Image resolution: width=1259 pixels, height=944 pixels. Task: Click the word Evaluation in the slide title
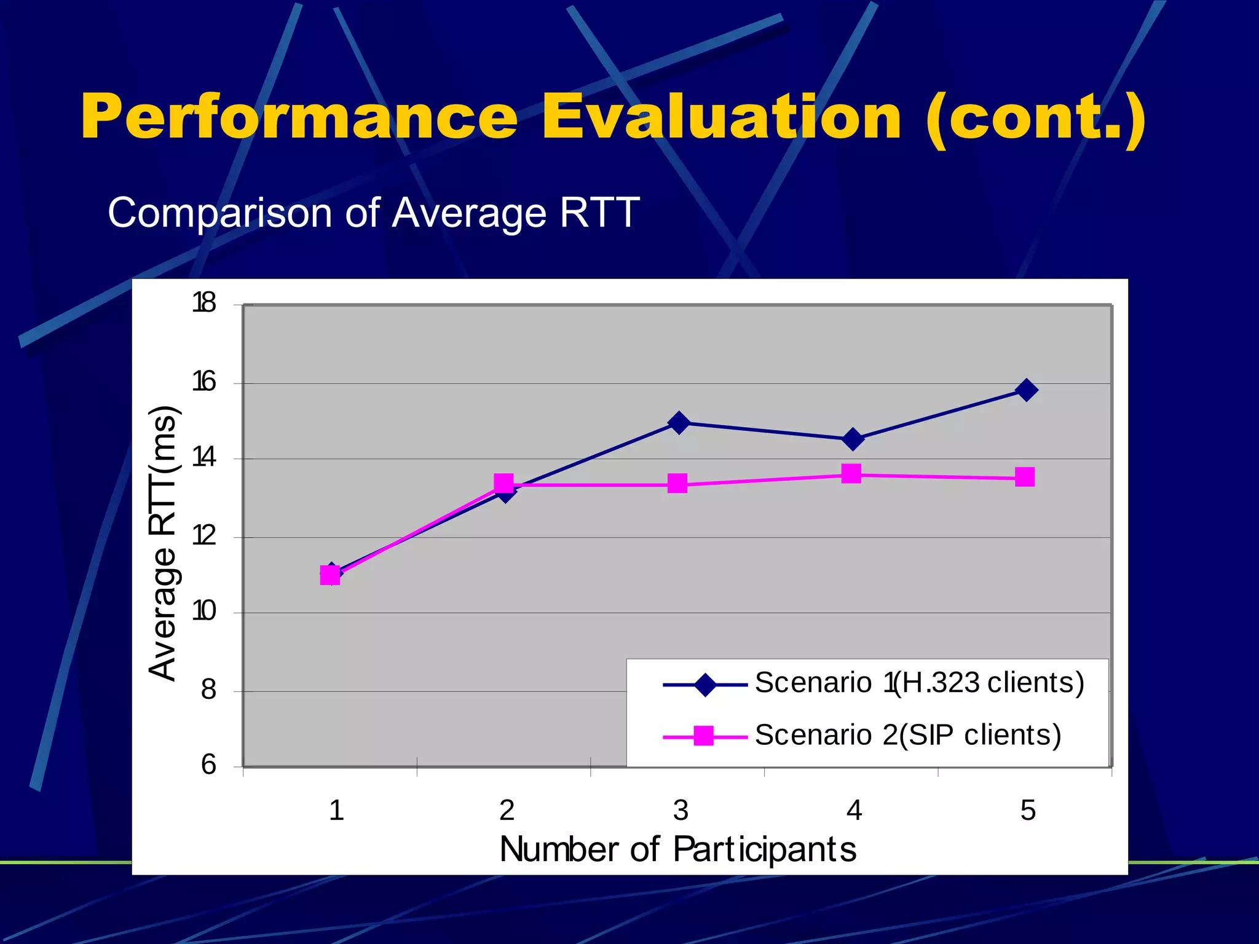pyautogui.click(x=720, y=117)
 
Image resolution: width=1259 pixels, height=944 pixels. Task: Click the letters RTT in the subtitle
pyautogui.click(x=599, y=213)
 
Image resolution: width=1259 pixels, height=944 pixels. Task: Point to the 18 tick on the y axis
pyautogui.click(x=204, y=303)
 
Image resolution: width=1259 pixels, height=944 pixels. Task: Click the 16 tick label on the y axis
pyautogui.click(x=204, y=382)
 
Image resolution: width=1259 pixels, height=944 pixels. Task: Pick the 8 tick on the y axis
pyautogui.click(x=208, y=690)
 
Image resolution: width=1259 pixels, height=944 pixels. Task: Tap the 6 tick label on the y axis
pyautogui.click(x=208, y=765)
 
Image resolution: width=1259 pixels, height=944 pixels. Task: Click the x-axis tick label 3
pyautogui.click(x=681, y=811)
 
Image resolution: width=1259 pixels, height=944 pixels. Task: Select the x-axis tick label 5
pyautogui.click(x=1028, y=811)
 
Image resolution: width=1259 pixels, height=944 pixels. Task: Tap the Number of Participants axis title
pyautogui.click(x=677, y=850)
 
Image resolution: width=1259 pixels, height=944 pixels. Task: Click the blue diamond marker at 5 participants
pyautogui.click(x=1026, y=390)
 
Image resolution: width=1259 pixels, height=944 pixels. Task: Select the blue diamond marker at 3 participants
pyautogui.click(x=679, y=423)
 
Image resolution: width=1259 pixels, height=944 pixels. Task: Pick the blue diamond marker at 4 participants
pyautogui.click(x=853, y=439)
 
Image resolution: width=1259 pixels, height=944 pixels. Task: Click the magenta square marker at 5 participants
pyautogui.click(x=1025, y=477)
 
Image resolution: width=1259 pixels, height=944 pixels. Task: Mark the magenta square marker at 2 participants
pyautogui.click(x=503, y=483)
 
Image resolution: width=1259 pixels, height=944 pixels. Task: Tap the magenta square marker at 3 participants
pyautogui.click(x=677, y=484)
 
